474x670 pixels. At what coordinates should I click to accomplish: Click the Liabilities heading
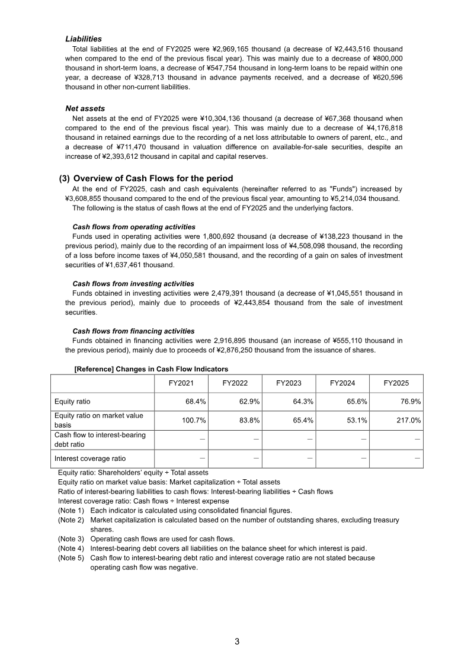coord(83,39)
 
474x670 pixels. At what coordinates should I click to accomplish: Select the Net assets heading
coord(85,108)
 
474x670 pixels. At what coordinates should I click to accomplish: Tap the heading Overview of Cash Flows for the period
coord(153,178)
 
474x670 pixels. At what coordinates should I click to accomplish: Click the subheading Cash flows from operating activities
coord(133,227)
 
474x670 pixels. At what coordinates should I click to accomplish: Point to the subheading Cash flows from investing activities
coord(133,284)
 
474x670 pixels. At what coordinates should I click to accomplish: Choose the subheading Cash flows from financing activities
coord(133,331)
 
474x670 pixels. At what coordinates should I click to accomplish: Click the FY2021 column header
coord(181,383)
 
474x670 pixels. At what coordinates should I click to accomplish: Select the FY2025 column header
coord(396,383)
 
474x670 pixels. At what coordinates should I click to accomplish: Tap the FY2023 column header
coord(289,383)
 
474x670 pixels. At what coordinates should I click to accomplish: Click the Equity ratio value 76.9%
coord(410,402)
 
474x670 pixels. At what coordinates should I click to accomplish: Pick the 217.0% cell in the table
coord(408,420)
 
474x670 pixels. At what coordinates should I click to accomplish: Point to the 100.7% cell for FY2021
coord(194,420)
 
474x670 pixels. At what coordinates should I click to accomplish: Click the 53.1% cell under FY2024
coord(356,420)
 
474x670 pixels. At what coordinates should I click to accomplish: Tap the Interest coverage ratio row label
coord(89,458)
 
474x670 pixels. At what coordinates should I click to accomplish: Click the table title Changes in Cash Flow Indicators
coord(151,369)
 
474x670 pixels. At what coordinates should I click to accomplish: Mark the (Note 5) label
coord(71,557)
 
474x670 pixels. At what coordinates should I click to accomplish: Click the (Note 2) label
coord(71,520)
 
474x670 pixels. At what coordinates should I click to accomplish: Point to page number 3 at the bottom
coord(237,641)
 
